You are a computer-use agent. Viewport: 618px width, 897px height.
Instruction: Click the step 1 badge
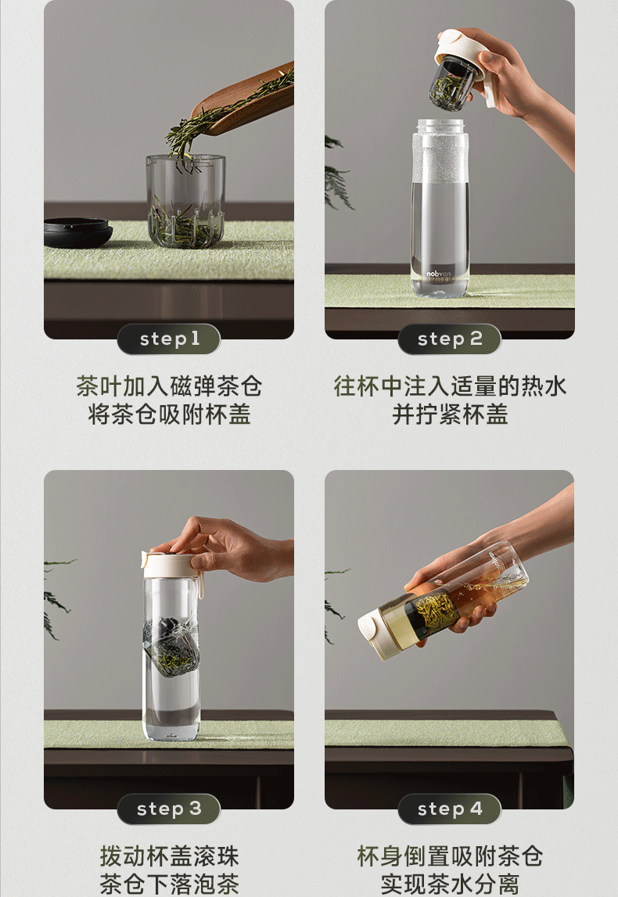click(169, 339)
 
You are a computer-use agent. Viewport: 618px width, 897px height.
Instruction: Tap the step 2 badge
click(450, 339)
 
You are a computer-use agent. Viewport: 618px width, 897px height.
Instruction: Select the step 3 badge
click(169, 809)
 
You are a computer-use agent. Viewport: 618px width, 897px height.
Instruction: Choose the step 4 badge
click(450, 809)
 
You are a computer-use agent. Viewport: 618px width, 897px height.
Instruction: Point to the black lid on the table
click(77, 232)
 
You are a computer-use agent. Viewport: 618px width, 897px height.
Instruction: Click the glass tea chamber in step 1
click(185, 201)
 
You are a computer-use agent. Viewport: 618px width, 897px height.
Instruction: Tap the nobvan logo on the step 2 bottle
click(438, 274)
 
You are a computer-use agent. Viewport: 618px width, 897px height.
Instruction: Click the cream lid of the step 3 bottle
click(171, 565)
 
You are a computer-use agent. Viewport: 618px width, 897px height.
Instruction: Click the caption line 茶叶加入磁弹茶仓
click(170, 386)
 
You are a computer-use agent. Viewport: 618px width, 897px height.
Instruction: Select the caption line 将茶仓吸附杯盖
click(170, 414)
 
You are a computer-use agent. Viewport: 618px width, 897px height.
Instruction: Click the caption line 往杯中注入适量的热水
click(450, 386)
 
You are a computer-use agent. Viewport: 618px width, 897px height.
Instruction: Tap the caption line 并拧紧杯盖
click(450, 414)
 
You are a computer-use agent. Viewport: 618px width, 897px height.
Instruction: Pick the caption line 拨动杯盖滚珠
click(170, 856)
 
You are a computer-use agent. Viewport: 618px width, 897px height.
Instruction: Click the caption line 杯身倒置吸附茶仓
click(450, 856)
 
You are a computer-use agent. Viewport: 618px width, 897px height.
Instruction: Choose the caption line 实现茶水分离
click(450, 884)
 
